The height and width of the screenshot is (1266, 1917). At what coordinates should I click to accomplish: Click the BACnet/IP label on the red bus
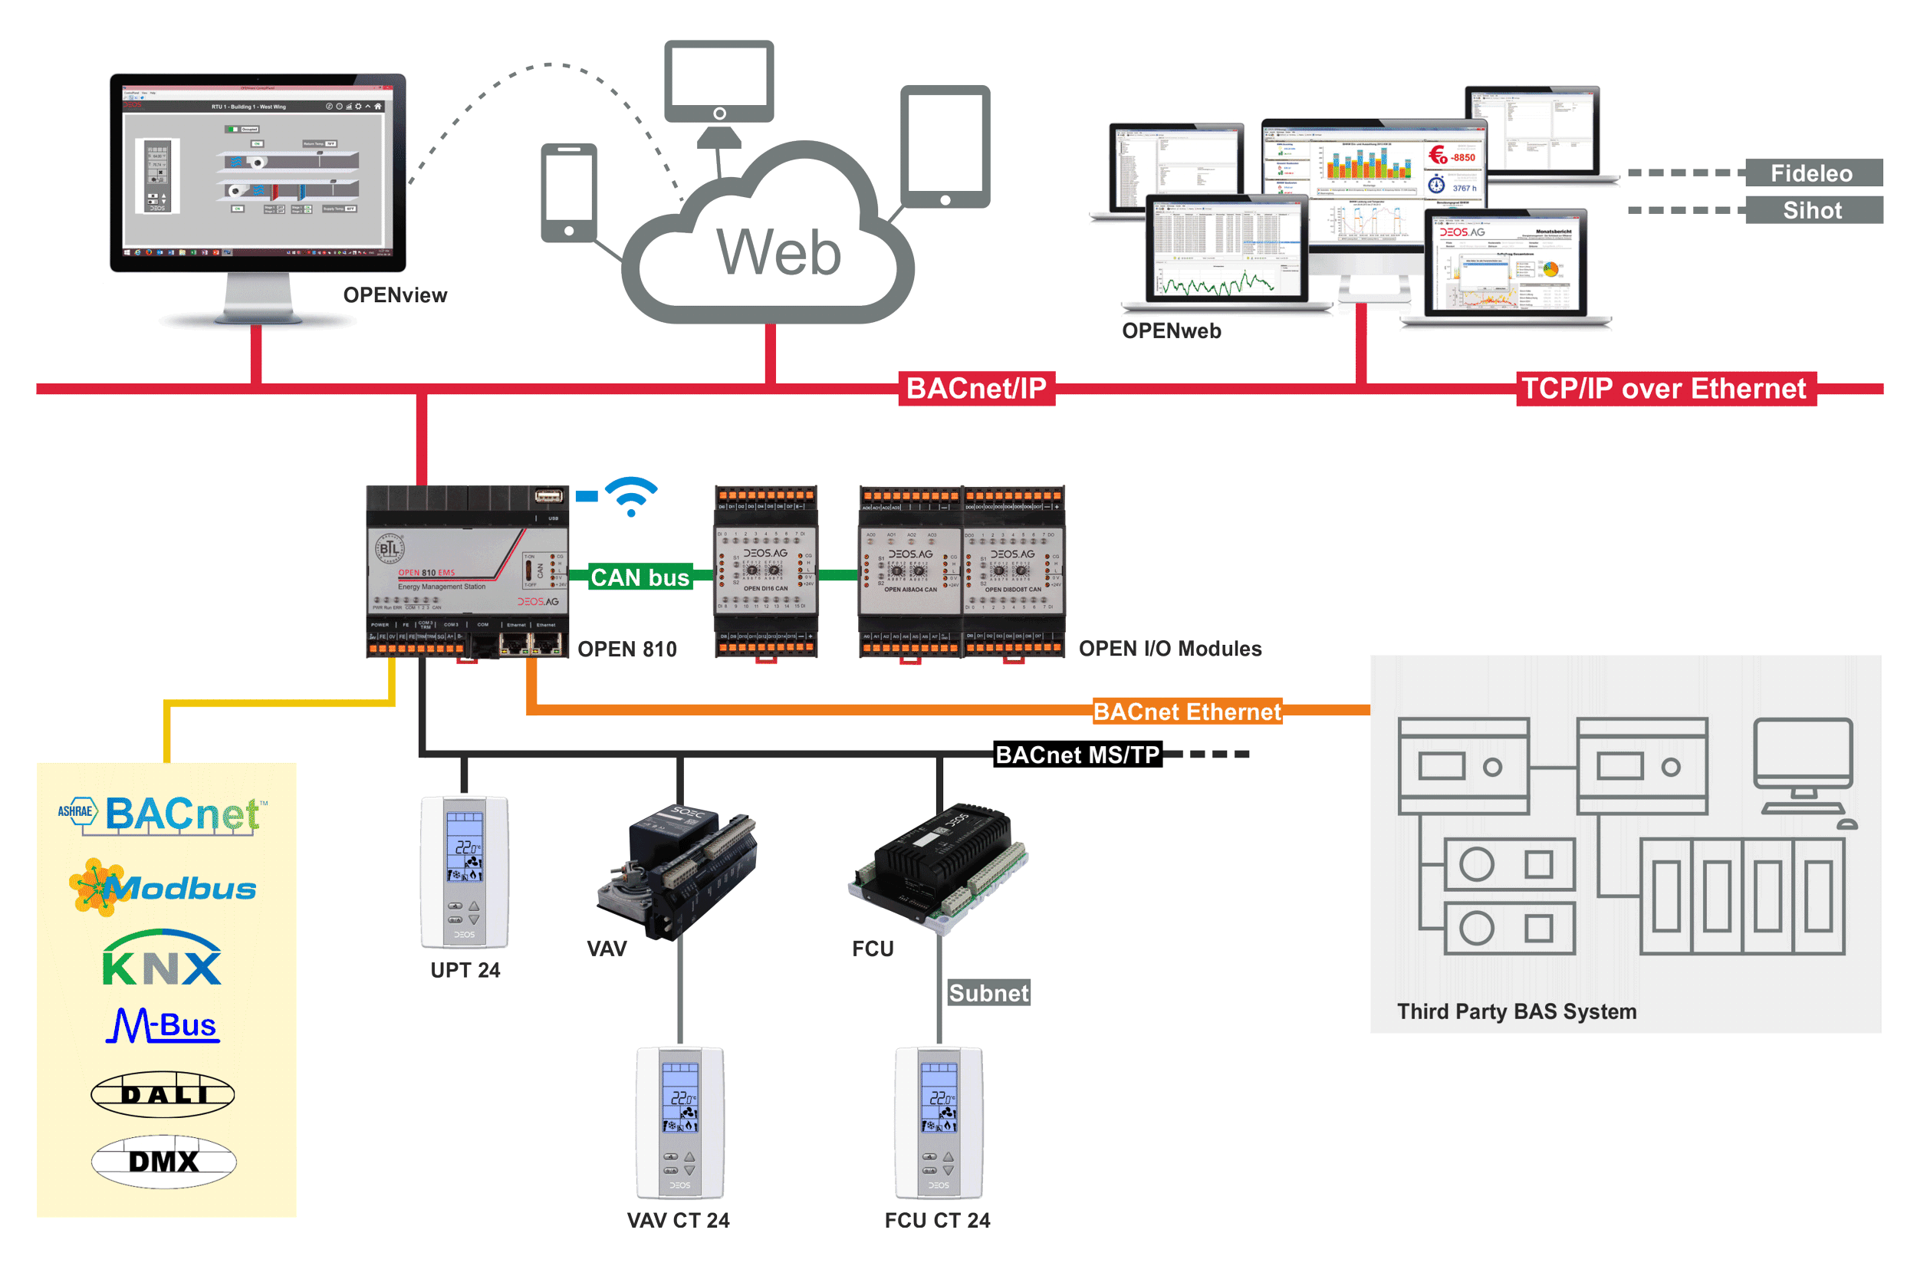click(x=976, y=388)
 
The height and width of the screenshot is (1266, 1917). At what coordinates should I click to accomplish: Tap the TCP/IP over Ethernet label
click(x=1665, y=388)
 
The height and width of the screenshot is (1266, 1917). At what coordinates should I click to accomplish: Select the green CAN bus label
click(x=640, y=577)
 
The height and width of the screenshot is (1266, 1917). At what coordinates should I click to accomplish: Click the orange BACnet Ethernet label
click(x=1186, y=712)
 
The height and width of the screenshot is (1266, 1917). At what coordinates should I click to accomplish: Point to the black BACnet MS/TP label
click(x=1077, y=754)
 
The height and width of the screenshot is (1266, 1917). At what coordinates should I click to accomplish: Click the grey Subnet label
click(x=988, y=992)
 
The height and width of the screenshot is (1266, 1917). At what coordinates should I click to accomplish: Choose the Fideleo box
click(x=1812, y=173)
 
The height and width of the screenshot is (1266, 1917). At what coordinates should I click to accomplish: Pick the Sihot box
click(x=1812, y=210)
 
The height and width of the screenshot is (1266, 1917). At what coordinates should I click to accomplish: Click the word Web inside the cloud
click(x=778, y=252)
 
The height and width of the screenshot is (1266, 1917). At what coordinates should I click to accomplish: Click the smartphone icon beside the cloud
click(x=568, y=192)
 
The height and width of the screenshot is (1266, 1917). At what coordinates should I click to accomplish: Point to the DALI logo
click(x=163, y=1094)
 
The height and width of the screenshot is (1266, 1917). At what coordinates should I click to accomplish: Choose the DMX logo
click(x=164, y=1161)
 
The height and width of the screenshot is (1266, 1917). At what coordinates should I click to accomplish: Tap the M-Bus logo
click(x=163, y=1025)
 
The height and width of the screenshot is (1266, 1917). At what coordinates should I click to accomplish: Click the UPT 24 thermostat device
click(x=464, y=872)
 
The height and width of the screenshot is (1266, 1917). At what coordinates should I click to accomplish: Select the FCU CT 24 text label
click(x=937, y=1220)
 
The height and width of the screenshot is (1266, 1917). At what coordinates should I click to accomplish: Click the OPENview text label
click(x=395, y=294)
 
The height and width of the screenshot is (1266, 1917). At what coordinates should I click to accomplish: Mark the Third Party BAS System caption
click(x=1516, y=1011)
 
